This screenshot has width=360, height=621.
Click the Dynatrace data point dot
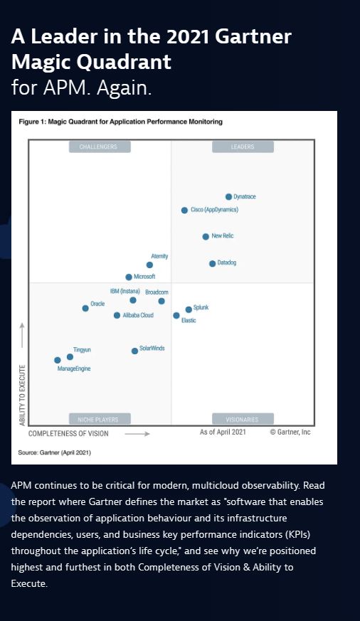click(x=228, y=196)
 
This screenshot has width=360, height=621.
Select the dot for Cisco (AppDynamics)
click(x=184, y=211)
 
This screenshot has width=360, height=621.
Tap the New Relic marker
click(x=206, y=236)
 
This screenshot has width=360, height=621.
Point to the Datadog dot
click(x=212, y=263)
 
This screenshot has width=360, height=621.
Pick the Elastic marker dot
click(x=176, y=315)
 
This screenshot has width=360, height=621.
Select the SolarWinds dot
click(x=134, y=351)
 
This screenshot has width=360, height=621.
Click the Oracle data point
click(x=85, y=308)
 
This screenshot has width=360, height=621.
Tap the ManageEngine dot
click(x=58, y=360)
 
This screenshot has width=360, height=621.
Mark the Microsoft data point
click(x=129, y=277)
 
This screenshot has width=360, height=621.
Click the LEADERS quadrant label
click(x=243, y=147)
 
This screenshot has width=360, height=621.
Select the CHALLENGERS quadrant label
click(x=99, y=147)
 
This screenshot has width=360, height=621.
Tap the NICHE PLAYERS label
click(x=99, y=419)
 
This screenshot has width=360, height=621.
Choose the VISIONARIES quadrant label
click(x=243, y=419)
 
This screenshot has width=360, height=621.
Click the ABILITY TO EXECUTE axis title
click(x=22, y=395)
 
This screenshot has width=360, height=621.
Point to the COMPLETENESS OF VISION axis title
click(x=68, y=432)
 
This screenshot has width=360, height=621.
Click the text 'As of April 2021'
click(x=223, y=432)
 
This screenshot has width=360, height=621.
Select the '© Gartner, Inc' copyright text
click(x=290, y=432)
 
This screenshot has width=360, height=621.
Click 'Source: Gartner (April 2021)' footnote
click(x=54, y=452)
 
